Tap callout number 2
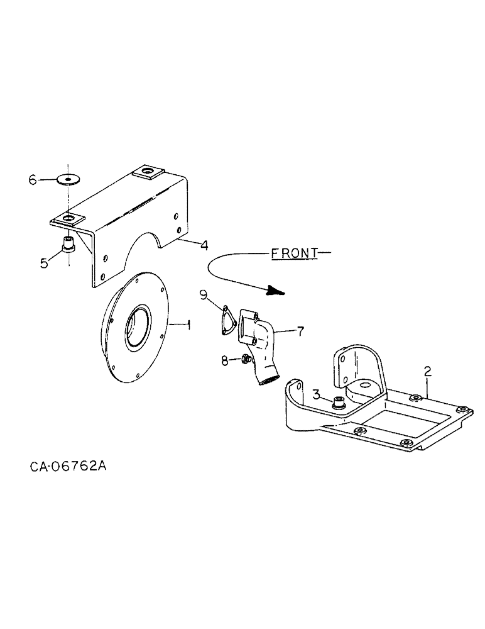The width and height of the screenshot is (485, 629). tap(427, 372)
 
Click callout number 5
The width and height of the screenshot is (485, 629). tap(44, 263)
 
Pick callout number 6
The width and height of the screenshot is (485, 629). tap(33, 179)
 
